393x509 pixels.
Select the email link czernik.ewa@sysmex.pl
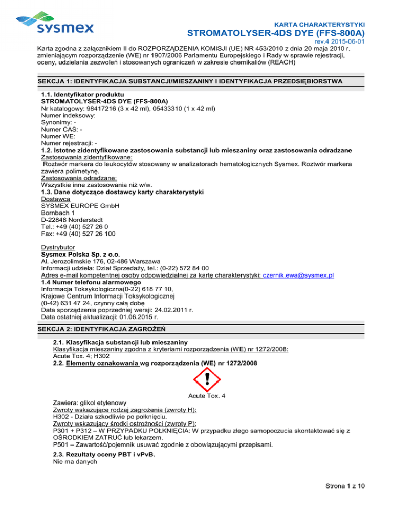(301, 275)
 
